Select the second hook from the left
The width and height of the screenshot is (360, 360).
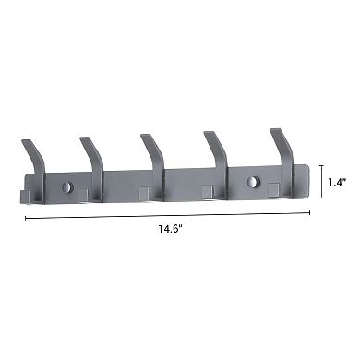[x=91, y=156]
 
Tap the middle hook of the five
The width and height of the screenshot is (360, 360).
[x=152, y=153]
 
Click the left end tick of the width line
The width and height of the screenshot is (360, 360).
[x=25, y=219]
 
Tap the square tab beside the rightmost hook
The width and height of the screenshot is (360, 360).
[x=273, y=190]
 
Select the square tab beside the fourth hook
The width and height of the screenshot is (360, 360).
[x=209, y=192]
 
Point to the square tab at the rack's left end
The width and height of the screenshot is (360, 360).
[x=24, y=196]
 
